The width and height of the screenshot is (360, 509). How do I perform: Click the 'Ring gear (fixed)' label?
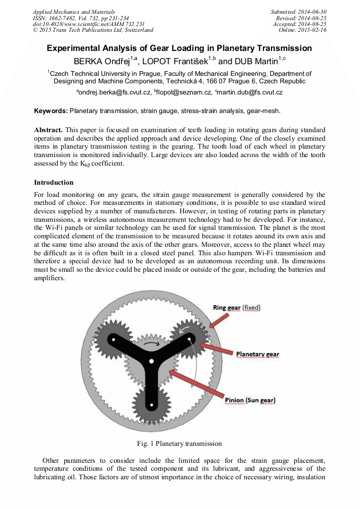pyautogui.click(x=236, y=307)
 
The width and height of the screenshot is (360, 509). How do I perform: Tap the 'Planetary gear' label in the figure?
pyautogui.click(x=257, y=354)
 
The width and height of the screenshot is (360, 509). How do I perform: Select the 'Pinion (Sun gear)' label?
pyautogui.click(x=250, y=400)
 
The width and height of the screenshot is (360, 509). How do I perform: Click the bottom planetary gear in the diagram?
pyautogui.click(x=151, y=405)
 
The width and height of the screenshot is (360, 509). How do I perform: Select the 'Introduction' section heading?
pyautogui.click(x=54, y=183)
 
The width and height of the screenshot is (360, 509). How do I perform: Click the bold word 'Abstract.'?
pyautogui.click(x=48, y=130)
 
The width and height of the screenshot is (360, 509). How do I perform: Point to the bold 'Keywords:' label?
pyautogui.click(x=51, y=111)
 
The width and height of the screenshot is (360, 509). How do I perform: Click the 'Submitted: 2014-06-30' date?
pyautogui.click(x=299, y=12)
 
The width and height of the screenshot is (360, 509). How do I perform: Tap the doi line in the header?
pyautogui.click(x=89, y=24)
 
